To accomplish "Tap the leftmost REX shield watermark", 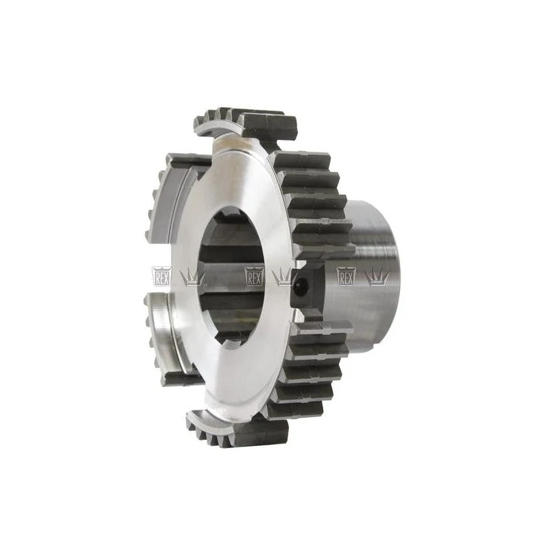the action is tap(161, 277).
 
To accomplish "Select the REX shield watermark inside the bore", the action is tap(254, 277).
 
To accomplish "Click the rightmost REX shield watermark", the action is tap(346, 277).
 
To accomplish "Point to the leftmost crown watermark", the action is tap(193, 277).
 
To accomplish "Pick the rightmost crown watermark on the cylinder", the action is tap(377, 277).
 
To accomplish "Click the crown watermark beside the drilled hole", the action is tap(284, 277).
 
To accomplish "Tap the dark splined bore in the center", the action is tap(232, 277).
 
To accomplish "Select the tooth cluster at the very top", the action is tap(245, 123).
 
